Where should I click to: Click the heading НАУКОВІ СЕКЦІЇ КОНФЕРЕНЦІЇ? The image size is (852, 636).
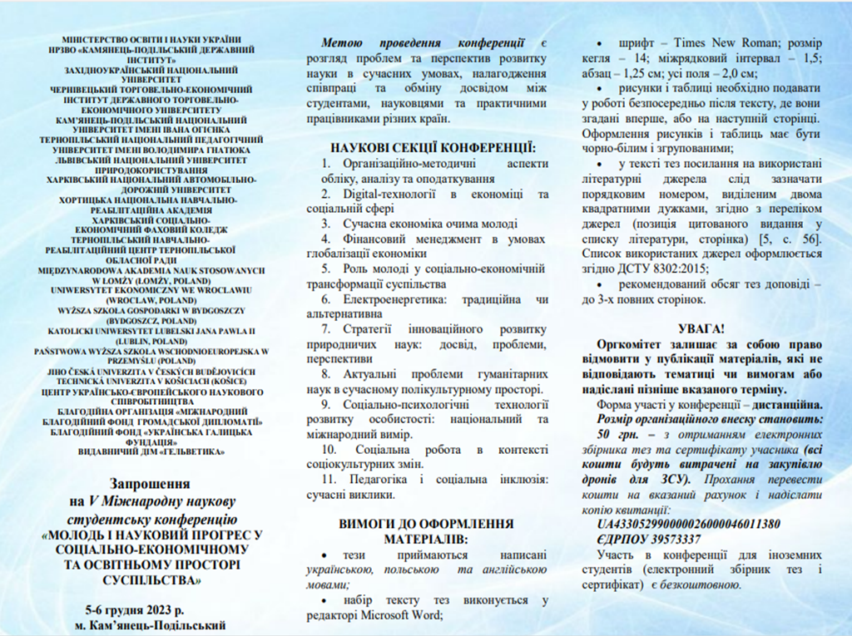pyautogui.click(x=433, y=148)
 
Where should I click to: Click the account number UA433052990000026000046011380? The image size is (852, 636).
pyautogui.click(x=688, y=524)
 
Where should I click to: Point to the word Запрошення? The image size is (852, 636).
pyautogui.click(x=151, y=483)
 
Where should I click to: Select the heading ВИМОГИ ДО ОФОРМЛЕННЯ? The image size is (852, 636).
pyautogui.click(x=426, y=524)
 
